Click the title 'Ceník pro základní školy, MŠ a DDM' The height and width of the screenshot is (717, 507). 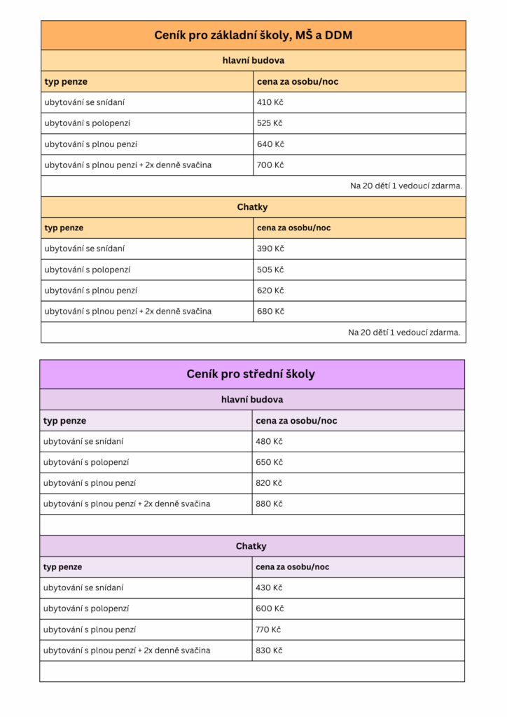click(253, 35)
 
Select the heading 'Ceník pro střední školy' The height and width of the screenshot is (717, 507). click(251, 374)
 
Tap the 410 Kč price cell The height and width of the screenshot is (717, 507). click(270, 102)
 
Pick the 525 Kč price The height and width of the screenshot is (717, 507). click(270, 123)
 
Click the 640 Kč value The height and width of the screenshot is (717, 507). click(270, 144)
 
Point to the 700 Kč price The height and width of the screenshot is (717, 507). click(270, 165)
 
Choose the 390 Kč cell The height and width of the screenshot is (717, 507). click(270, 249)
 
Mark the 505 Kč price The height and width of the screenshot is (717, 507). click(270, 270)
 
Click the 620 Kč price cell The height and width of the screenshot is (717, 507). click(270, 291)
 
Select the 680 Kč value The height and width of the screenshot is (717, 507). click(270, 312)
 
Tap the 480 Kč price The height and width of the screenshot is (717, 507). click(269, 442)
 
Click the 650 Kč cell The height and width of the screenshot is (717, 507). click(269, 463)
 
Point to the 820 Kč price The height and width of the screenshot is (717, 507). click(269, 483)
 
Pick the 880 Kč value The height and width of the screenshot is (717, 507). click(269, 504)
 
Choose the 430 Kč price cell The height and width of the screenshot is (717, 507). click(269, 588)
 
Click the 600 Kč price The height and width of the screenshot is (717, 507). click(269, 608)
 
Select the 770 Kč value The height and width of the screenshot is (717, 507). click(268, 629)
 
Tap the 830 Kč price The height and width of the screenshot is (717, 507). click(269, 650)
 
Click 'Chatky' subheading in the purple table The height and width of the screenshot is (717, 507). click(251, 546)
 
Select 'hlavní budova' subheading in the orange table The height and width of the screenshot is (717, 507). click(253, 60)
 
